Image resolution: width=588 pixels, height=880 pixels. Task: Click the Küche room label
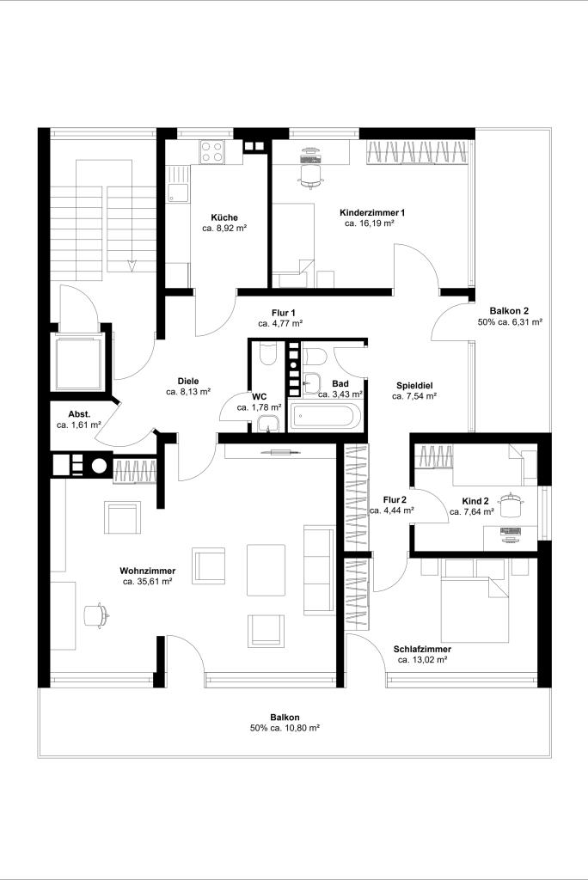pyautogui.click(x=224, y=217)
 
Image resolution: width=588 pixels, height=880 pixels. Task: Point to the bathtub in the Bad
pyautogui.click(x=323, y=417)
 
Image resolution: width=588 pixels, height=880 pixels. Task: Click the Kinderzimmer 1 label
pyautogui.click(x=371, y=213)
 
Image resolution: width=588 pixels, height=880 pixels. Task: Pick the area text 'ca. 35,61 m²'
pyautogui.click(x=147, y=582)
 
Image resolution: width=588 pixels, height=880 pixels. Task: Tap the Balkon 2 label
pyautogui.click(x=509, y=311)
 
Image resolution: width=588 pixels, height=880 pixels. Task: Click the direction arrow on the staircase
pyautogui.click(x=132, y=265)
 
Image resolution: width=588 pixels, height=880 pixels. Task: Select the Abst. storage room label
pyautogui.click(x=79, y=414)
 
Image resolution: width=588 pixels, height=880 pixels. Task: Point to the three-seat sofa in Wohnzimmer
pyautogui.click(x=319, y=571)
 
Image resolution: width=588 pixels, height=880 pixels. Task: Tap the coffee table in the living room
pyautogui.click(x=266, y=571)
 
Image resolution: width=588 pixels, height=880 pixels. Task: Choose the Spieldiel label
pyautogui.click(x=414, y=386)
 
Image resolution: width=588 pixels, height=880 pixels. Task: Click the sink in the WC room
pyautogui.click(x=268, y=425)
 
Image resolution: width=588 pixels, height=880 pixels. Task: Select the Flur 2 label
pyautogui.click(x=395, y=500)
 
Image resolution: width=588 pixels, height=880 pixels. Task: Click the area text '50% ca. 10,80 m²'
pyautogui.click(x=285, y=728)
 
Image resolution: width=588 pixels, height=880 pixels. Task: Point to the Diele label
pyautogui.click(x=188, y=382)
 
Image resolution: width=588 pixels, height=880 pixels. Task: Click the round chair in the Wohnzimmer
pyautogui.click(x=95, y=615)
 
